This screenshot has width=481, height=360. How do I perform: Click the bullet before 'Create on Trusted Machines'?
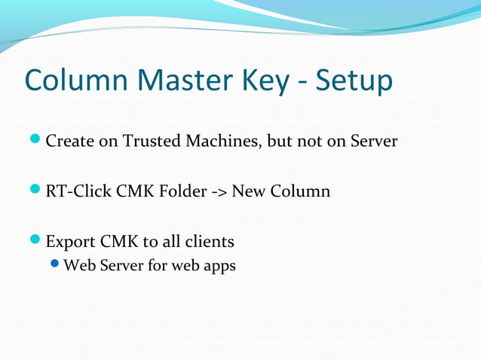tap(36, 141)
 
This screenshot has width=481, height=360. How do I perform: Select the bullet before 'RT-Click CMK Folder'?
tap(36, 191)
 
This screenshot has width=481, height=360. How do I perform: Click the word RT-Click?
tap(79, 191)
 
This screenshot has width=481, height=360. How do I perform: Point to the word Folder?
tap(183, 191)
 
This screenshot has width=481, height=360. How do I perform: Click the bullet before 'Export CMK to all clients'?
tap(36, 242)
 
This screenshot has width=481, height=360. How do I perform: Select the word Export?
tap(70, 243)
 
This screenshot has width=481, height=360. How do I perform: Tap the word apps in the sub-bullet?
tap(219, 267)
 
